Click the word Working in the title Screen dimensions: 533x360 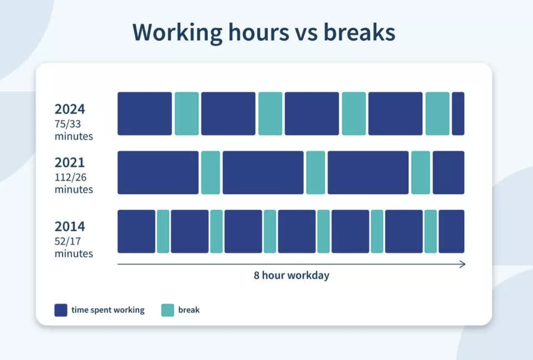tap(177, 33)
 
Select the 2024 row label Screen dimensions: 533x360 tap(70, 109)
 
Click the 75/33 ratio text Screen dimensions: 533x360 tap(68, 124)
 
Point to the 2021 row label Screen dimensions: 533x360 tap(70, 163)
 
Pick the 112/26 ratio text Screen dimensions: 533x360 tap(71, 177)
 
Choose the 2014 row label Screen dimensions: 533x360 tap(70, 226)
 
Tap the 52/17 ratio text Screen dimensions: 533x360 tap(68, 241)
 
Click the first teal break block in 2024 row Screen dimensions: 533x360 tap(187, 114)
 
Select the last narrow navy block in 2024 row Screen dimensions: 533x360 tap(458, 114)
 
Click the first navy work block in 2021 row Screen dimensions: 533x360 tap(158, 173)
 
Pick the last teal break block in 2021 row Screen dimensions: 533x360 tap(421, 173)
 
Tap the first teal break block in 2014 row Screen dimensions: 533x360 tap(163, 231)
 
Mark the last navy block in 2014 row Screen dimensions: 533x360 tap(451, 231)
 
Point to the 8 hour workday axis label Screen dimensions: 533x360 tap(291, 275)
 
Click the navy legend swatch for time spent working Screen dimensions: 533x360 tap(61, 310)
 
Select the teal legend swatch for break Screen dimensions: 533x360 tap(168, 310)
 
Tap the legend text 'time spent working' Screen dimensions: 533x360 tap(108, 310)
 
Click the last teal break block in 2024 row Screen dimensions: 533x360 tap(438, 114)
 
